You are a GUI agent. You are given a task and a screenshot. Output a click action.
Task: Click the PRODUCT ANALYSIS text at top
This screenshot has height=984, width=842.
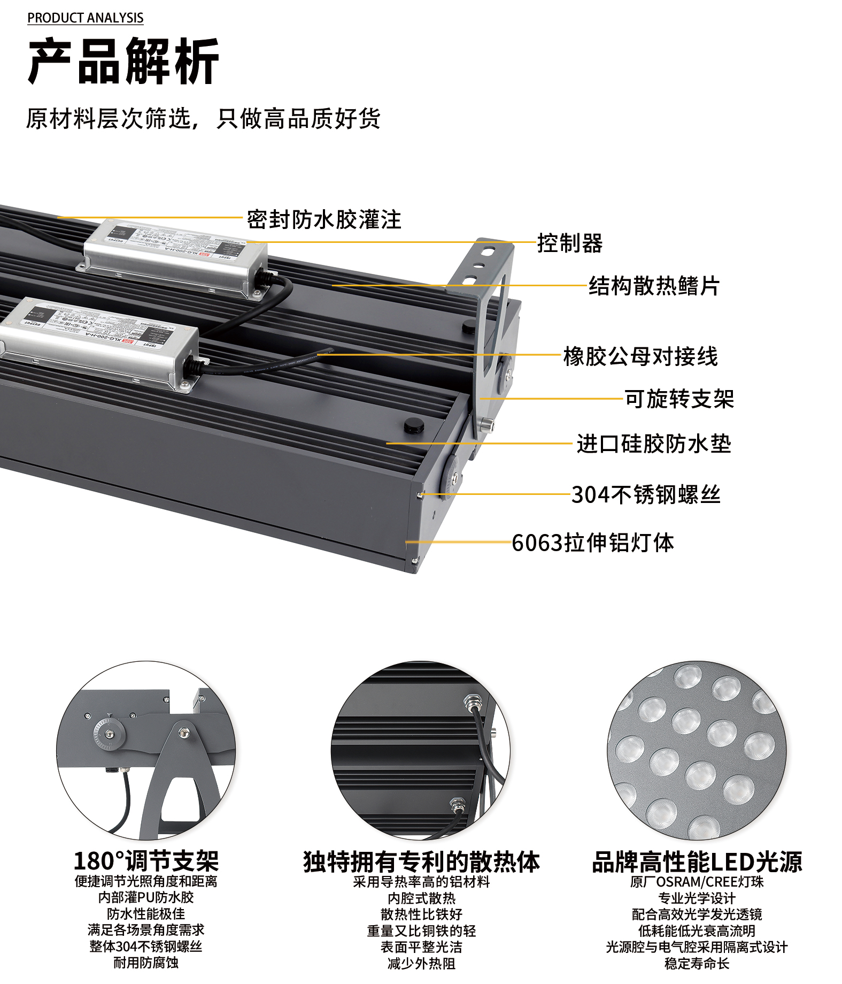pos(86,18)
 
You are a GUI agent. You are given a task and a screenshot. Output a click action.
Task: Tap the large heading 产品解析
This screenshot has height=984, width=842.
pos(123,62)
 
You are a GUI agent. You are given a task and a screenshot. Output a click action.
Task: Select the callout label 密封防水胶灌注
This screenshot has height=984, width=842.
pos(324,219)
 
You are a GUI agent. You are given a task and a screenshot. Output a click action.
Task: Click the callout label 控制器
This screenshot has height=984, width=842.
pos(570,243)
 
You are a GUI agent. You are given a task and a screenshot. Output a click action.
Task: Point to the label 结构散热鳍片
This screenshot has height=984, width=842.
pos(654,286)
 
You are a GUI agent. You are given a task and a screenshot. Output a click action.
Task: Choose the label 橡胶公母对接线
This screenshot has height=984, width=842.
pos(640,356)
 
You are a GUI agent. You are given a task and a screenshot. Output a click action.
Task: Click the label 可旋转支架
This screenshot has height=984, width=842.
pos(679,399)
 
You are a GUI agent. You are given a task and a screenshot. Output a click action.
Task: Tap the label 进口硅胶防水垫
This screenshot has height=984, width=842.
pos(654,444)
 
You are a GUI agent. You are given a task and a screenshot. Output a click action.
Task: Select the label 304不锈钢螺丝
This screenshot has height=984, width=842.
pos(646,494)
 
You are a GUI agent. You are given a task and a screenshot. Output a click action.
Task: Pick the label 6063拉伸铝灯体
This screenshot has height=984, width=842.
pos(593,543)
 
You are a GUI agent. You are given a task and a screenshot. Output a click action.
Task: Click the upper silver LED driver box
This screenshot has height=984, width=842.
pos(175,257)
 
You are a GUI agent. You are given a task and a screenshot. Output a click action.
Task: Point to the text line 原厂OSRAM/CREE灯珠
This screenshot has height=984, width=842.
pos(697,882)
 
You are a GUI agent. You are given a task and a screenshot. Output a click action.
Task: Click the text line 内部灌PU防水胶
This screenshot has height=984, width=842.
pos(146,897)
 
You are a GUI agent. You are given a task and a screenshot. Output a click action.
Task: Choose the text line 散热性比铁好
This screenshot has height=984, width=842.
pos(421,914)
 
